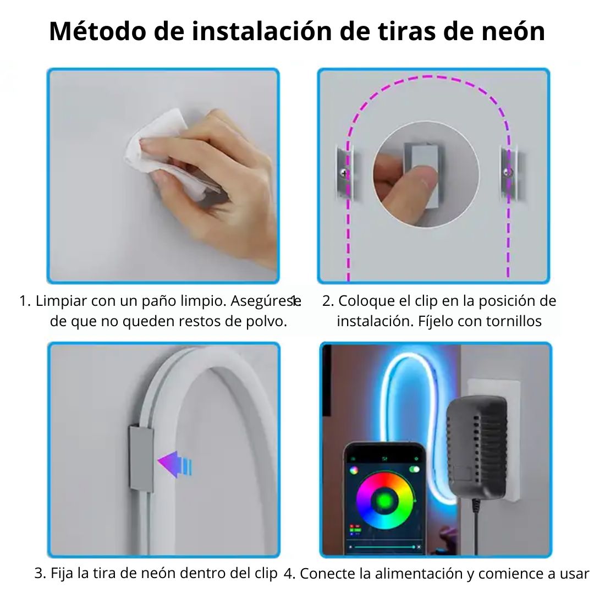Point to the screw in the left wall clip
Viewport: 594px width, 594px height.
point(344,173)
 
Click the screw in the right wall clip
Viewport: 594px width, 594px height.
point(508,172)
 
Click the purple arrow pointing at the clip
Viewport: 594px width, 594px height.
point(175,464)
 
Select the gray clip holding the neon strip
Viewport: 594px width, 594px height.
point(141,458)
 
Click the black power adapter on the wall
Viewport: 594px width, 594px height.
point(476,447)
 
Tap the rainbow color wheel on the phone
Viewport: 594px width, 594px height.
point(384,501)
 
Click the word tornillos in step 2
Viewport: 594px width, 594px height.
point(514,321)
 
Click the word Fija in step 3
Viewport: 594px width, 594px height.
point(62,573)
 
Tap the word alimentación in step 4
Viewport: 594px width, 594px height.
point(419,574)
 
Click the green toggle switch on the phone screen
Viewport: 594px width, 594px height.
point(415,469)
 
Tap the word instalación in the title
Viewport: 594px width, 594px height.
point(262,31)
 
